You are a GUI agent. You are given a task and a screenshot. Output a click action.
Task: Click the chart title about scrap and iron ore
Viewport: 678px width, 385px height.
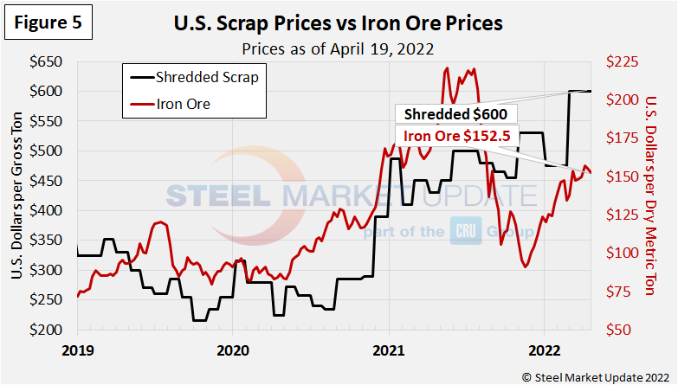click(x=339, y=22)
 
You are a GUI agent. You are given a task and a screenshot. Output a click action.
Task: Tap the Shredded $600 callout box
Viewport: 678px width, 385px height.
click(x=456, y=114)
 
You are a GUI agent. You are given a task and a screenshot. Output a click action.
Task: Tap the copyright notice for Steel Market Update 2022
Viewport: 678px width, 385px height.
click(x=595, y=375)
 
